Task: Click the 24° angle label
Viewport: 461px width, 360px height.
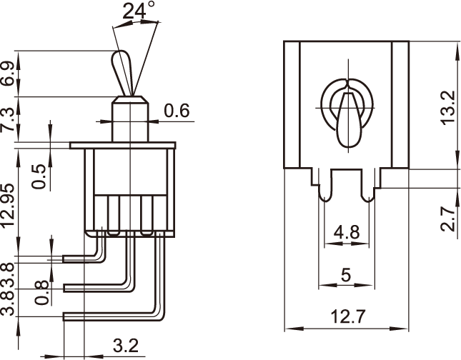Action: (139, 11)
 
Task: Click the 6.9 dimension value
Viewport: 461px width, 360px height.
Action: (8, 74)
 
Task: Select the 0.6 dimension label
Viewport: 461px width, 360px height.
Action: (177, 111)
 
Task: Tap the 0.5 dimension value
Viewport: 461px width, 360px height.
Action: (40, 176)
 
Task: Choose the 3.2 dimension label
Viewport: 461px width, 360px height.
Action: (126, 346)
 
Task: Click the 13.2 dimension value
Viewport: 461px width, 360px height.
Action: (447, 107)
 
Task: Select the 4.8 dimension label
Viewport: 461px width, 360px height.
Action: (347, 232)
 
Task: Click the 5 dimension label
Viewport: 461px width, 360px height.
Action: (347, 275)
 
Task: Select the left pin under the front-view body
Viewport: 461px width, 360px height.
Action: (325, 189)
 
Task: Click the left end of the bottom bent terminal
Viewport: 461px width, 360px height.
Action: (66, 315)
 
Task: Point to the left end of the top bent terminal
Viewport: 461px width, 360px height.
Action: (66, 259)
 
